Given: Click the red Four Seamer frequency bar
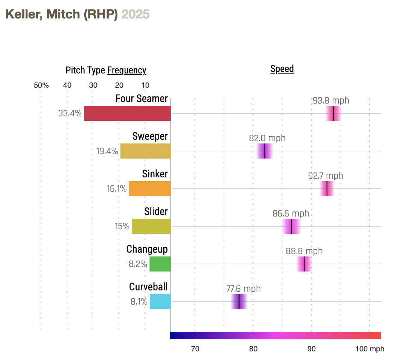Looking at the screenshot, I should (127, 113).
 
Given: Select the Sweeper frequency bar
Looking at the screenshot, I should (145, 151).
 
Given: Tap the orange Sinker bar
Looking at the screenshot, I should (150, 189).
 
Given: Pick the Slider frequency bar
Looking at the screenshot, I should (151, 226).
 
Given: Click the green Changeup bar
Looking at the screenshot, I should (160, 264).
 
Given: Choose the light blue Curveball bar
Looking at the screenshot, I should (160, 302).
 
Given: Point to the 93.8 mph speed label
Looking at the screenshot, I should (331, 101).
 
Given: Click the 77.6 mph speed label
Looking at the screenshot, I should (244, 289).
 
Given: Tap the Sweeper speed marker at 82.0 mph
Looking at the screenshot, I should (265, 151).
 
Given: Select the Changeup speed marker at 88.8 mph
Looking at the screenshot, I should (304, 264).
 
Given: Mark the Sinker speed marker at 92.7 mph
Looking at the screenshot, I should (327, 189).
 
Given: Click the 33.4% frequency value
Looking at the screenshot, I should (70, 113).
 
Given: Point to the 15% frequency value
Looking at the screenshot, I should (122, 226).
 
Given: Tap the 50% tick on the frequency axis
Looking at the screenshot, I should (41, 85).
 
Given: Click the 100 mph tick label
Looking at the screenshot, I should (370, 349).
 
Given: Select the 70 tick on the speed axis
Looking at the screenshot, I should (195, 349).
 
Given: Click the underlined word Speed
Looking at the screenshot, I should (282, 69).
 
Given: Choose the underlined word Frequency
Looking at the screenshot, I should (126, 70).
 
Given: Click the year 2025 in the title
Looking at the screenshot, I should (135, 14).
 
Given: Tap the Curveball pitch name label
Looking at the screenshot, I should (148, 287).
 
